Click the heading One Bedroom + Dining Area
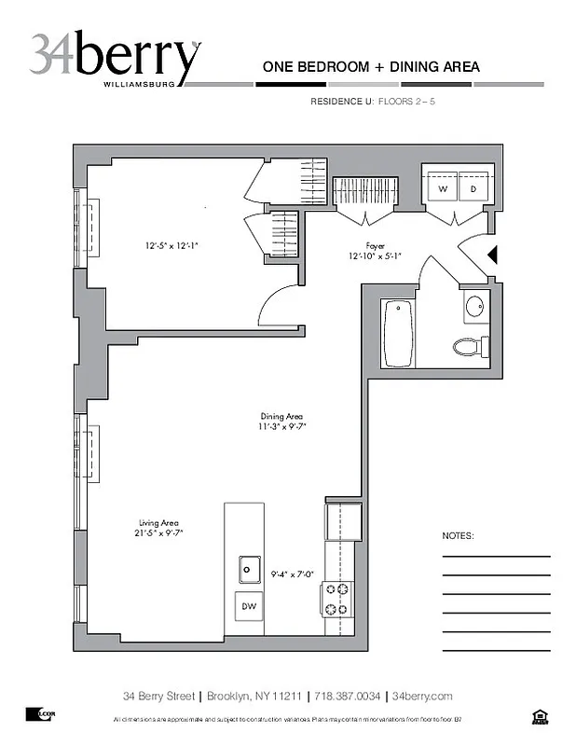[371, 66]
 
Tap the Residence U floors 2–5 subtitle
[372, 101]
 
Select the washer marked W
[443, 188]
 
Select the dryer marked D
[473, 188]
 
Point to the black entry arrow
[494, 254]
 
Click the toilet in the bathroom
[470, 347]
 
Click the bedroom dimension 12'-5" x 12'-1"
[171, 246]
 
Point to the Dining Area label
[281, 421]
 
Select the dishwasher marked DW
[249, 606]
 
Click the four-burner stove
[336, 599]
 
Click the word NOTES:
[458, 537]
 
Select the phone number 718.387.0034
[346, 697]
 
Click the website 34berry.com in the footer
[422, 697]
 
